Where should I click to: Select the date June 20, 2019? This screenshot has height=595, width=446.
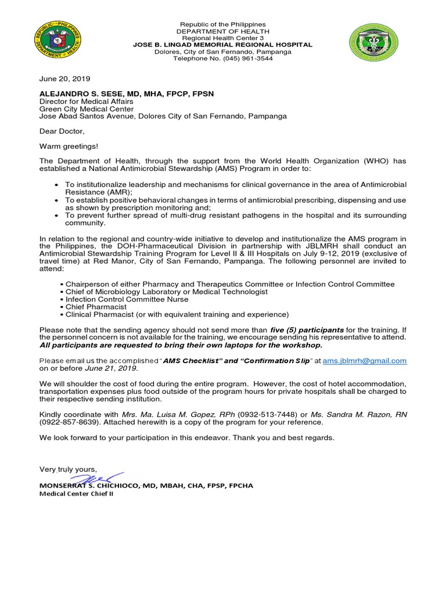pyautogui.click(x=64, y=78)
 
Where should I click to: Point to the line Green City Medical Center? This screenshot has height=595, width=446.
pyautogui.click(x=86, y=109)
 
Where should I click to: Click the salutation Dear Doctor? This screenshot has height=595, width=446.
pyautogui.click(x=62, y=131)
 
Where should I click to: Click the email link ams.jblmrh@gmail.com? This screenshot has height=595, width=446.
pyautogui.click(x=365, y=361)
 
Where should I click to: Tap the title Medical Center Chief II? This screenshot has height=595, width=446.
pyautogui.click(x=76, y=494)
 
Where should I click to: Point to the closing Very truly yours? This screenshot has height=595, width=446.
pyautogui.click(x=68, y=469)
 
